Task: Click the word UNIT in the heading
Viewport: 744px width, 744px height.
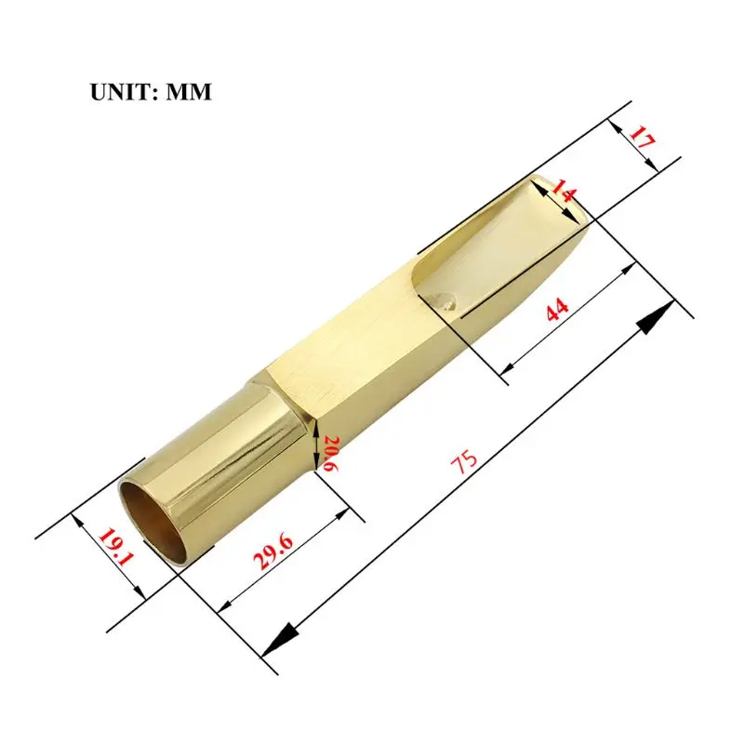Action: (122, 92)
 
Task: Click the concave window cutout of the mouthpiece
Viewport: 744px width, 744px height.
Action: (484, 251)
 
